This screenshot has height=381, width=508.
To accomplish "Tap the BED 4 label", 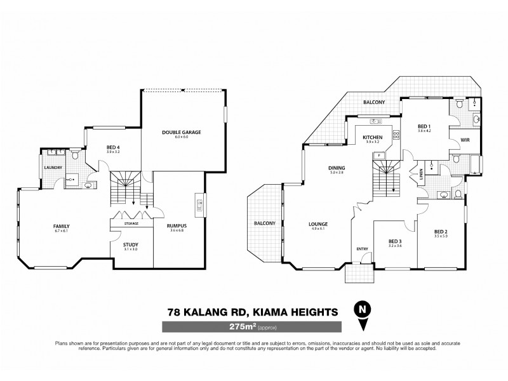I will [x=113, y=148].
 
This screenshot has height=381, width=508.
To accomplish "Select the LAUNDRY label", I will [x=52, y=168].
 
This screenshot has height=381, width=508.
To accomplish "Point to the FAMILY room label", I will [x=61, y=227].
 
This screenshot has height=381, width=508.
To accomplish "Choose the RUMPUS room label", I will [x=176, y=225].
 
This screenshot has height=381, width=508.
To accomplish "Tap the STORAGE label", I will [x=132, y=223].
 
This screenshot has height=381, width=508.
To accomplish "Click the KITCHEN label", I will [x=371, y=137].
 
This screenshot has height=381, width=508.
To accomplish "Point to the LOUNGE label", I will [x=318, y=224].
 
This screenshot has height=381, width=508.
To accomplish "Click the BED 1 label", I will [x=425, y=126].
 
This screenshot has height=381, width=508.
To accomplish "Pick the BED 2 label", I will [x=441, y=231].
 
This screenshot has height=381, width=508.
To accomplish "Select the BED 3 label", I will [x=396, y=241].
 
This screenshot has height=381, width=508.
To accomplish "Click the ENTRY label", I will [x=362, y=248].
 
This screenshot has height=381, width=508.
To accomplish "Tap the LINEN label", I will [x=422, y=172].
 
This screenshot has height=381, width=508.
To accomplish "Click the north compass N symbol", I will [x=363, y=310].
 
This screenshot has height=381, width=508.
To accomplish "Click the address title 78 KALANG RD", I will [x=210, y=311].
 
